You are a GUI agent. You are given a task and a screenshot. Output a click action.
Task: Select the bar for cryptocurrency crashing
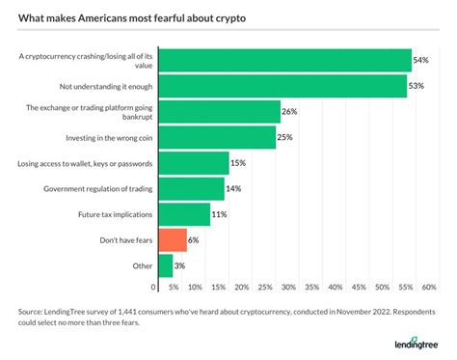pyautogui.click(x=282, y=60)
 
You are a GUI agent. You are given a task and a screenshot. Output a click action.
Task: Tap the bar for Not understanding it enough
pyautogui.click(x=281, y=86)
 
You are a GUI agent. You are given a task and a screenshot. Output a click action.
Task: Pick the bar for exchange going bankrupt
pyautogui.click(x=217, y=111)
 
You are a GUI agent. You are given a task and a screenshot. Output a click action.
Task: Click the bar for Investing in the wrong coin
pyautogui.click(x=214, y=137)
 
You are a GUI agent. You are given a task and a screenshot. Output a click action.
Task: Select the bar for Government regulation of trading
pyautogui.click(x=189, y=188)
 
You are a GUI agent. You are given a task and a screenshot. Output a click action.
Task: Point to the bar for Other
pyautogui.click(x=164, y=264)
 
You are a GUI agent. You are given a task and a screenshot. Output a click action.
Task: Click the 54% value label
pyautogui.click(x=421, y=60)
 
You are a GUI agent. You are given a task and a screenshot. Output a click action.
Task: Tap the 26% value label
pyautogui.click(x=290, y=111)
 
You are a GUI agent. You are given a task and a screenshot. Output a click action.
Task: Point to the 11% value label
pyautogui.click(x=220, y=213)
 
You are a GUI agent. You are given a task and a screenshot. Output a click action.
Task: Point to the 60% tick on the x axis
pyautogui.click(x=430, y=288)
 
